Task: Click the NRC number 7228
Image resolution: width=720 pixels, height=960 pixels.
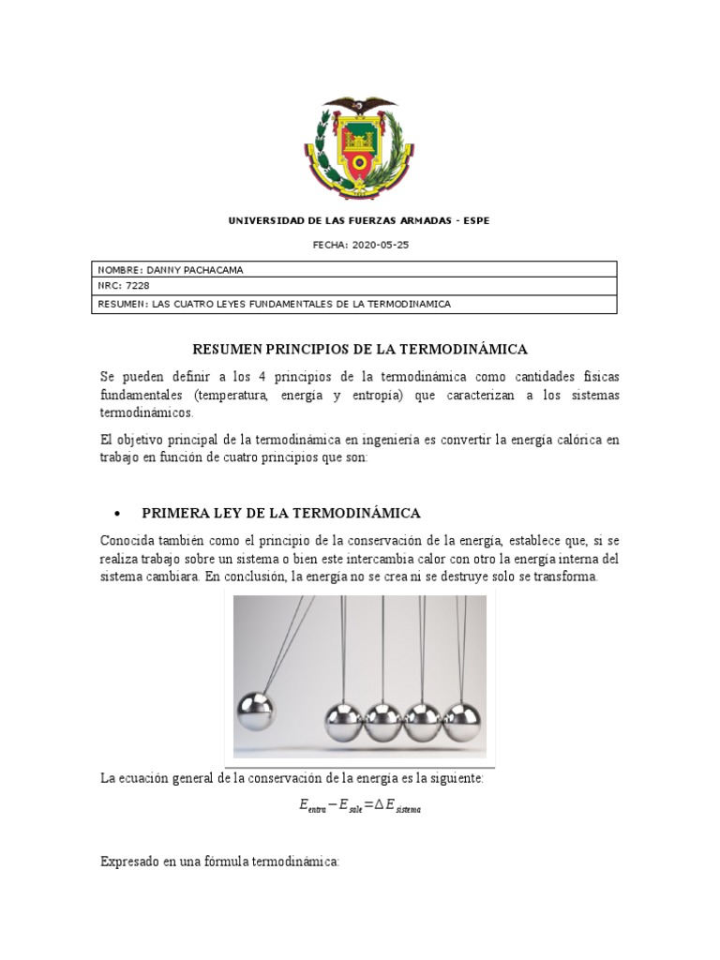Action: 138,287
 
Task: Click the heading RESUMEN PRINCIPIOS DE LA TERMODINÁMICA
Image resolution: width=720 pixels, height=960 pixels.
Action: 360,350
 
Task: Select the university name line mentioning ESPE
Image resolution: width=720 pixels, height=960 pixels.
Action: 359,221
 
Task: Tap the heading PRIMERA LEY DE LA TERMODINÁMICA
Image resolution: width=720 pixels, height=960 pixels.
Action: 280,513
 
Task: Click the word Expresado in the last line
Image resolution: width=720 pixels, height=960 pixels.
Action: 131,861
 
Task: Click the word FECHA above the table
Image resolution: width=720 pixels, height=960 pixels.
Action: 328,245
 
